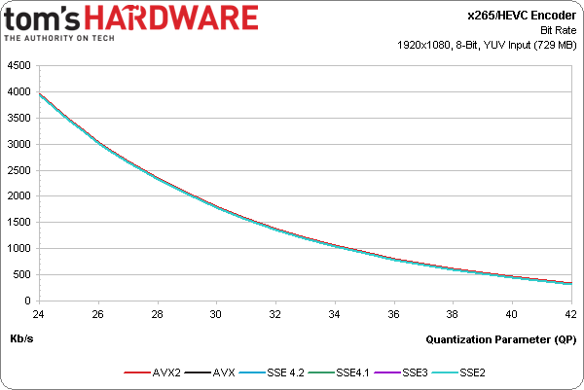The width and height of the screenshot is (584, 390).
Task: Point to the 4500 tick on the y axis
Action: pos(18,66)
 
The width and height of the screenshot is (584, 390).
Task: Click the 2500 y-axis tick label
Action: pos(18,170)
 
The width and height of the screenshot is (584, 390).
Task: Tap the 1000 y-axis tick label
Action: pos(18,249)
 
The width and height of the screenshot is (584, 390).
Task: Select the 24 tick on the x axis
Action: pos(38,314)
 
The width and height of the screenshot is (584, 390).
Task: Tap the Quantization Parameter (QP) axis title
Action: pos(500,339)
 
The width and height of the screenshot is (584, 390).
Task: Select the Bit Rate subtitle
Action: pos(558,29)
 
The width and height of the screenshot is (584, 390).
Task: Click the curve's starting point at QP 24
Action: pos(39,94)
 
